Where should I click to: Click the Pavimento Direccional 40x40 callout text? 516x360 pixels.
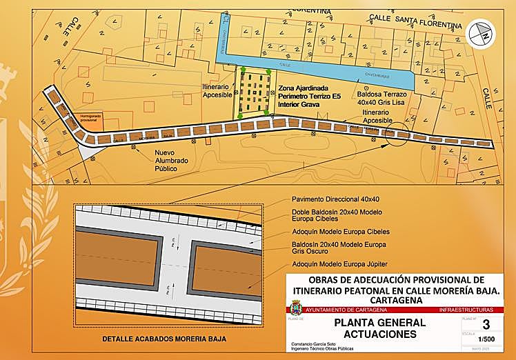click(326, 199)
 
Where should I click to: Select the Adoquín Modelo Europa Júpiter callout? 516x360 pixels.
click(331, 264)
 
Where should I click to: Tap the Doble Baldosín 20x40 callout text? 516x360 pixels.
click(326, 215)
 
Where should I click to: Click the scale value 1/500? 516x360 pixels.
click(487, 339)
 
